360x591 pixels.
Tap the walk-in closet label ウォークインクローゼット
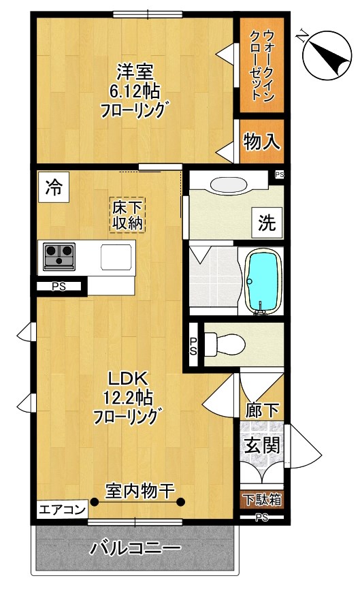click(261, 65)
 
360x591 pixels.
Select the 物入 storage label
click(261, 142)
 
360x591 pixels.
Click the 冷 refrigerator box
click(53, 187)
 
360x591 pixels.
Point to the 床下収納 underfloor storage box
click(129, 215)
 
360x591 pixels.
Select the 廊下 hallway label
click(261, 410)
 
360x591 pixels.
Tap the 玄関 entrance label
click(261, 447)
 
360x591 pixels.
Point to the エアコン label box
click(61, 509)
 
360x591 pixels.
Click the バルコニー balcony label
click(135, 547)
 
